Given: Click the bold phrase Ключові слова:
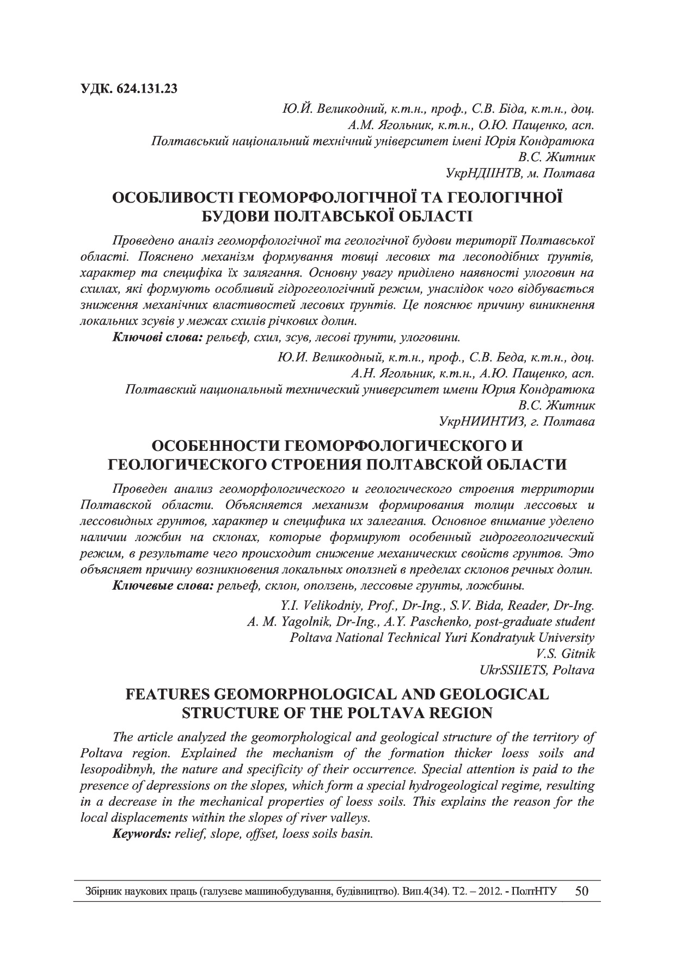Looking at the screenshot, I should click(x=157, y=338).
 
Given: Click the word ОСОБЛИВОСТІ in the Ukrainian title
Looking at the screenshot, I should click(x=174, y=198).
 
